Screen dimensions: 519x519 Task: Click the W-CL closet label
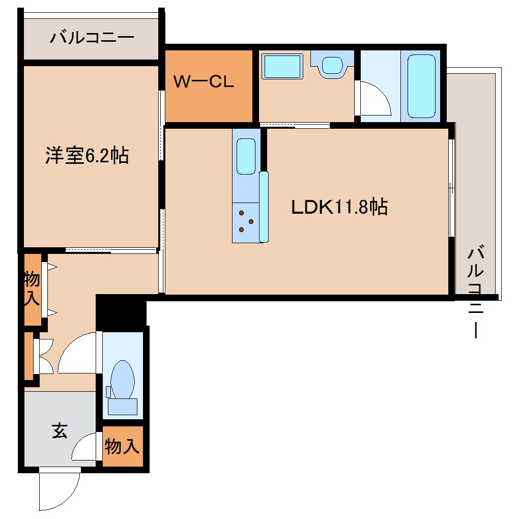[x=204, y=82]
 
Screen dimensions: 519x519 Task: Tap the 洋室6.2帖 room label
[x=87, y=156]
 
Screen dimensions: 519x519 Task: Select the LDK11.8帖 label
[x=339, y=207]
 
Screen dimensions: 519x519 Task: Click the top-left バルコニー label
[x=92, y=38]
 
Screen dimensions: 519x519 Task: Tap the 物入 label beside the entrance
[x=122, y=447]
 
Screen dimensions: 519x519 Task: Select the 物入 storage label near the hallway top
[x=32, y=289]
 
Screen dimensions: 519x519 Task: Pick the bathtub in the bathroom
[x=421, y=85]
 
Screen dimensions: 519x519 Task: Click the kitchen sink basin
[x=246, y=156]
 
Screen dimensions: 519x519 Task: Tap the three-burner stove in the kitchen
[x=246, y=221]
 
